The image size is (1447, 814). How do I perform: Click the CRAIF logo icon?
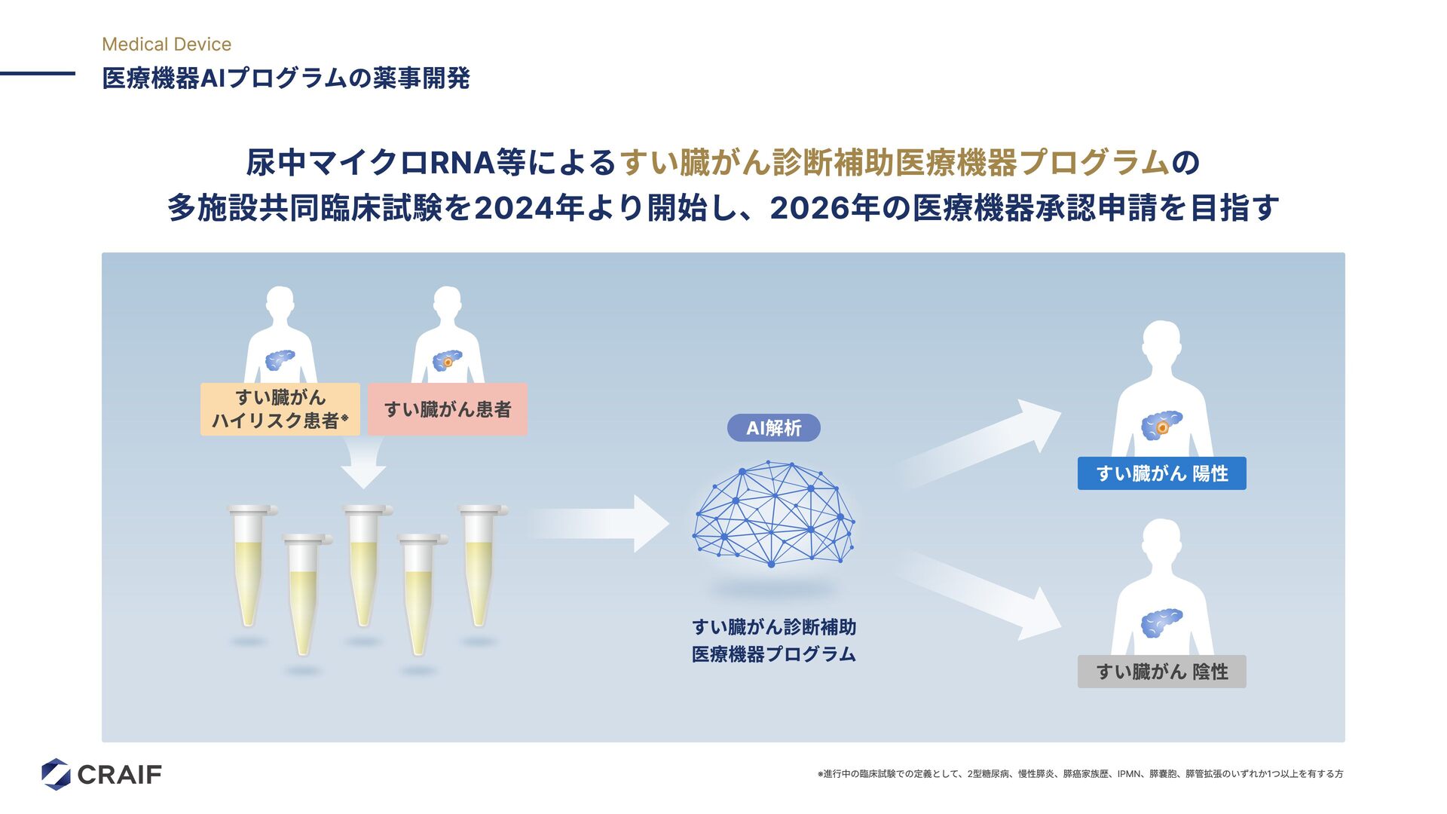[56, 774]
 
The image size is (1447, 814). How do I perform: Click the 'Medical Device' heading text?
[167, 44]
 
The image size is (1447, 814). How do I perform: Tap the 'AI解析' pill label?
[773, 428]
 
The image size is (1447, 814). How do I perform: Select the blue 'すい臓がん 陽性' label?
[1161, 473]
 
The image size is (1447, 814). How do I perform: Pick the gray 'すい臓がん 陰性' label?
[1161, 672]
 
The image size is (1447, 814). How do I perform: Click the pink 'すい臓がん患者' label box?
[448, 409]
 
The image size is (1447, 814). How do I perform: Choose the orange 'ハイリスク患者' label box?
[280, 409]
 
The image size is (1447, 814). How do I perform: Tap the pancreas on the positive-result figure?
[1161, 425]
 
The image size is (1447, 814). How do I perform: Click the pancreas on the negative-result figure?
[1161, 623]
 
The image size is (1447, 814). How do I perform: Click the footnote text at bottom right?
[1080, 774]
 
